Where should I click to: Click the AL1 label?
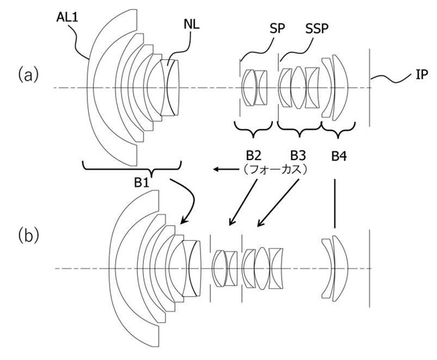pos(67,17)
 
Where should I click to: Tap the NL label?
pos(192,24)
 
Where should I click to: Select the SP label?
pos(277,28)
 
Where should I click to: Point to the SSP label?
pos(317,28)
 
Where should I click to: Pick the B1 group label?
pos(142,182)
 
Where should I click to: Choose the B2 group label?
pos(253,155)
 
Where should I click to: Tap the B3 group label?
pos(298,155)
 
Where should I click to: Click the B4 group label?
pos(339,156)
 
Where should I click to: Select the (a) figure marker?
pos(28,75)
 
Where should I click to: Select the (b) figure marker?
pos(28,236)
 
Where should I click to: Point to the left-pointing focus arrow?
pos(226,170)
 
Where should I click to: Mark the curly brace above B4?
pos(338,129)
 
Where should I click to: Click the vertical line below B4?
pos(334,204)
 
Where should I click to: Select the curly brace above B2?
pos(253,129)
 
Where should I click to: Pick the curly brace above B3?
pos(300,129)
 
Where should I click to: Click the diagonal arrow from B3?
pos(278,203)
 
